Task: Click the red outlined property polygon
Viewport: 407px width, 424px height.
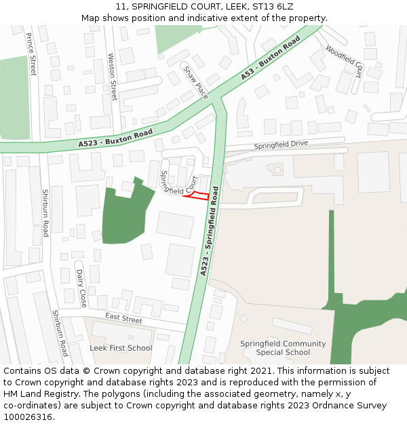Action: [196, 196]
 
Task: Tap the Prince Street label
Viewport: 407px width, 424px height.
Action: [32, 54]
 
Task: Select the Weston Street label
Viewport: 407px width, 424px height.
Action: [113, 77]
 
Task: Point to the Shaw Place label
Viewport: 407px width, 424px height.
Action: [197, 82]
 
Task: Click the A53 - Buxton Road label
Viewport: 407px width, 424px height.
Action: [270, 58]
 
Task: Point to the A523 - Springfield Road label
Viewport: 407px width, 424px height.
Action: [210, 231]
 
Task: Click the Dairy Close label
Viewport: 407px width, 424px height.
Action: [81, 288]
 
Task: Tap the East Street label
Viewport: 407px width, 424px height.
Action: [123, 319]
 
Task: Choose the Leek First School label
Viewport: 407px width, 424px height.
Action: [121, 348]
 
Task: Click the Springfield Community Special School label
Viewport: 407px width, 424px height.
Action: [283, 348]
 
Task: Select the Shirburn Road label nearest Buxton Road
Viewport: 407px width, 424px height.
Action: [45, 213]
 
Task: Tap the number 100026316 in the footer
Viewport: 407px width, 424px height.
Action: [28, 417]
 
